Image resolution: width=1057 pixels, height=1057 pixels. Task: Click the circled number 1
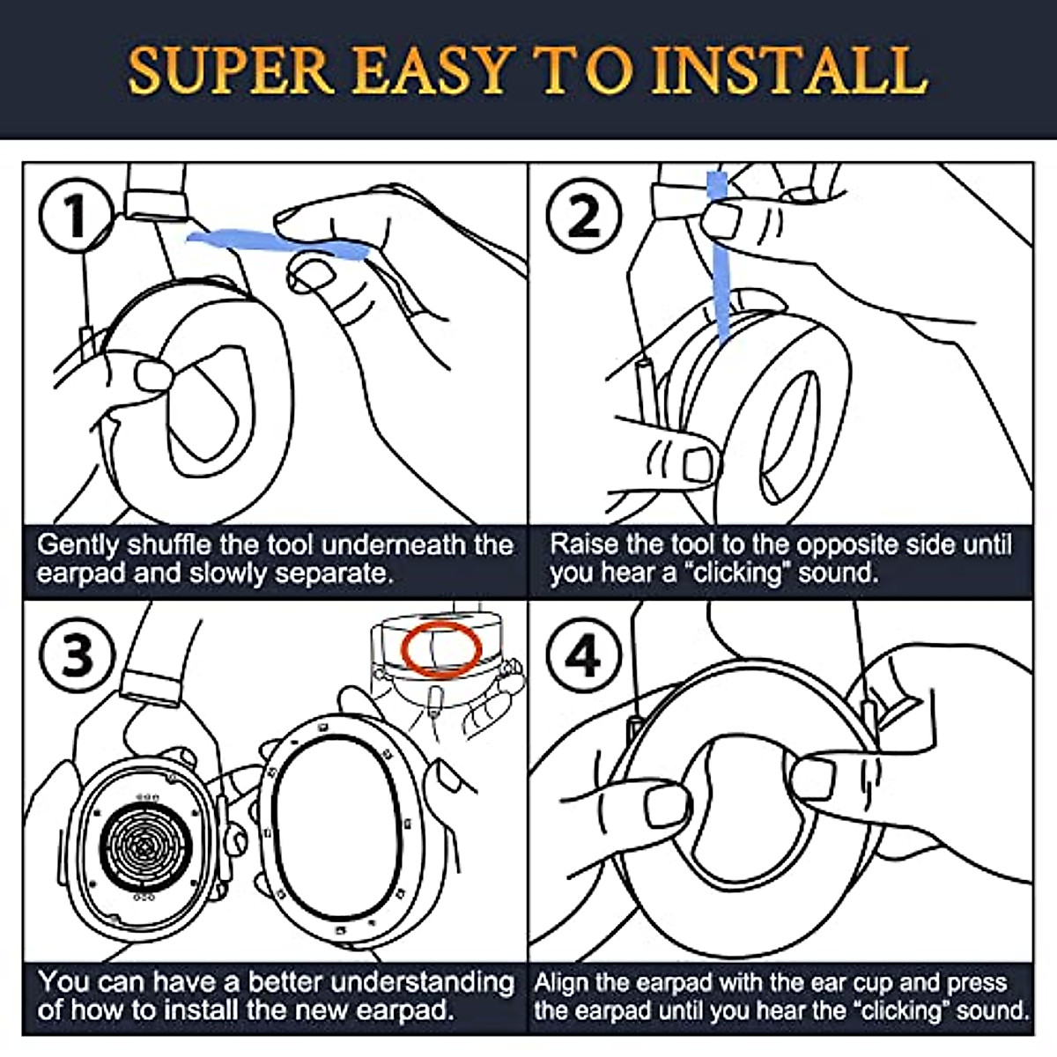(76, 216)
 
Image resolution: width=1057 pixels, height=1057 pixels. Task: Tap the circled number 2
(584, 216)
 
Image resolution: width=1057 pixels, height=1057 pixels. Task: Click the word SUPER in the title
(231, 71)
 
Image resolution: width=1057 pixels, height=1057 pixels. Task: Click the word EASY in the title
(430, 71)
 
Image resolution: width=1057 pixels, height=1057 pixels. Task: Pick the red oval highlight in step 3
(441, 651)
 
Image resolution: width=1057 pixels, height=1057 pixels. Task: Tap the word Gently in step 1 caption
(78, 545)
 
